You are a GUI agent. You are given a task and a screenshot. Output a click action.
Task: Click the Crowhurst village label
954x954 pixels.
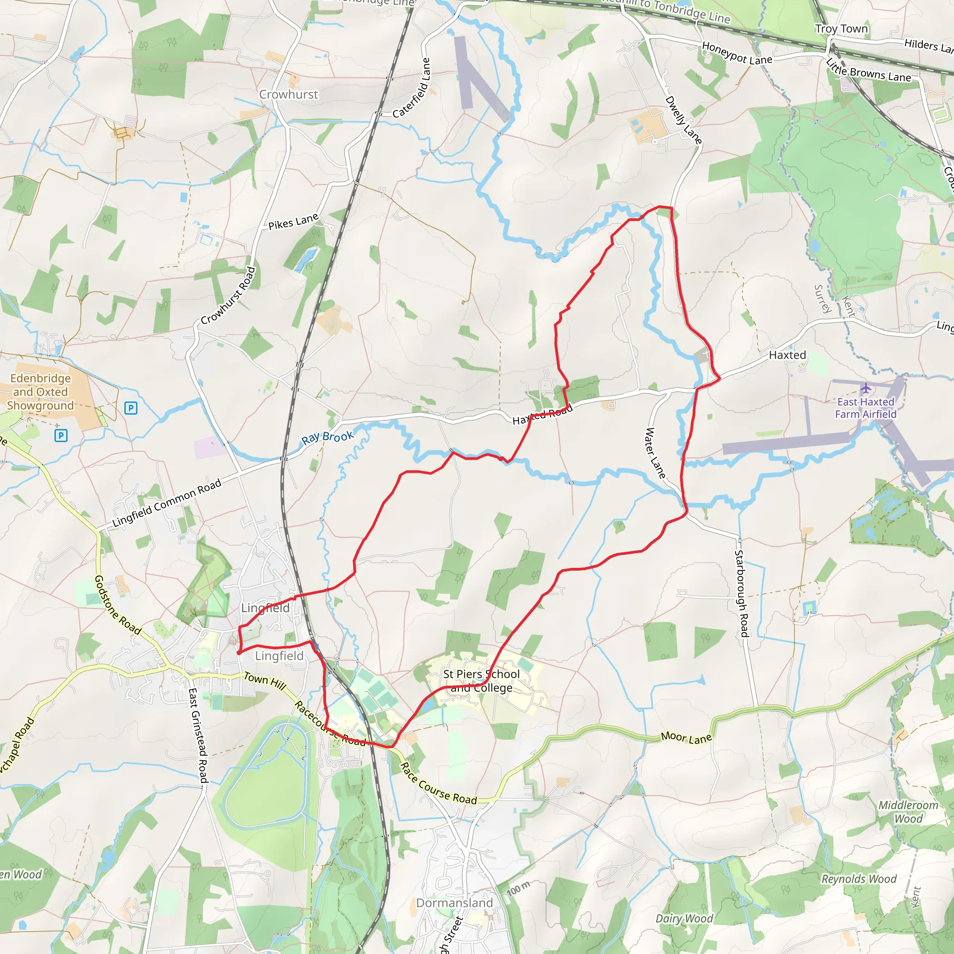pyautogui.click(x=288, y=94)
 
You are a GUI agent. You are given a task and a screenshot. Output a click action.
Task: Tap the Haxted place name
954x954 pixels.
pyautogui.click(x=787, y=355)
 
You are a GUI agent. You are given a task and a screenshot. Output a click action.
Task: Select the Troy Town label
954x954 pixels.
pyautogui.click(x=841, y=28)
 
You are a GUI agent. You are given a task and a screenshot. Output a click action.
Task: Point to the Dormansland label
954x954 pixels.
pyautogui.click(x=454, y=903)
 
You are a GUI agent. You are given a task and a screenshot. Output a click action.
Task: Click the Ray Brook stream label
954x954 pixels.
pyautogui.click(x=327, y=437)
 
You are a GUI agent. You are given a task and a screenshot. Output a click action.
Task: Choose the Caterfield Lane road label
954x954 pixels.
pyautogui.click(x=411, y=89)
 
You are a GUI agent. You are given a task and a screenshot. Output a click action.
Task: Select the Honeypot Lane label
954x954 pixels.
pyautogui.click(x=737, y=53)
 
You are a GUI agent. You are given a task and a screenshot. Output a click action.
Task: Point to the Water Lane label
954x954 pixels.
pyautogui.click(x=655, y=453)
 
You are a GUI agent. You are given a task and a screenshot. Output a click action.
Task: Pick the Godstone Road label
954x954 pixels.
pyautogui.click(x=117, y=605)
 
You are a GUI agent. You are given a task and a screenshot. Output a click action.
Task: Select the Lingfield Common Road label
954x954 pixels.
pyautogui.click(x=167, y=503)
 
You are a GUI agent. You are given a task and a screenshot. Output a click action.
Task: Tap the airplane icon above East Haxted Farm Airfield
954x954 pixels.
pyautogui.click(x=865, y=388)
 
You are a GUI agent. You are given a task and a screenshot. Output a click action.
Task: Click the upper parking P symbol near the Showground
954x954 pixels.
pyautogui.click(x=130, y=408)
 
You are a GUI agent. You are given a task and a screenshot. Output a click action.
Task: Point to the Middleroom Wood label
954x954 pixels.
pyautogui.click(x=908, y=812)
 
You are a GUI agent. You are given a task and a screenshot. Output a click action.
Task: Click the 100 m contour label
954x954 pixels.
pyautogui.click(x=518, y=889)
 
